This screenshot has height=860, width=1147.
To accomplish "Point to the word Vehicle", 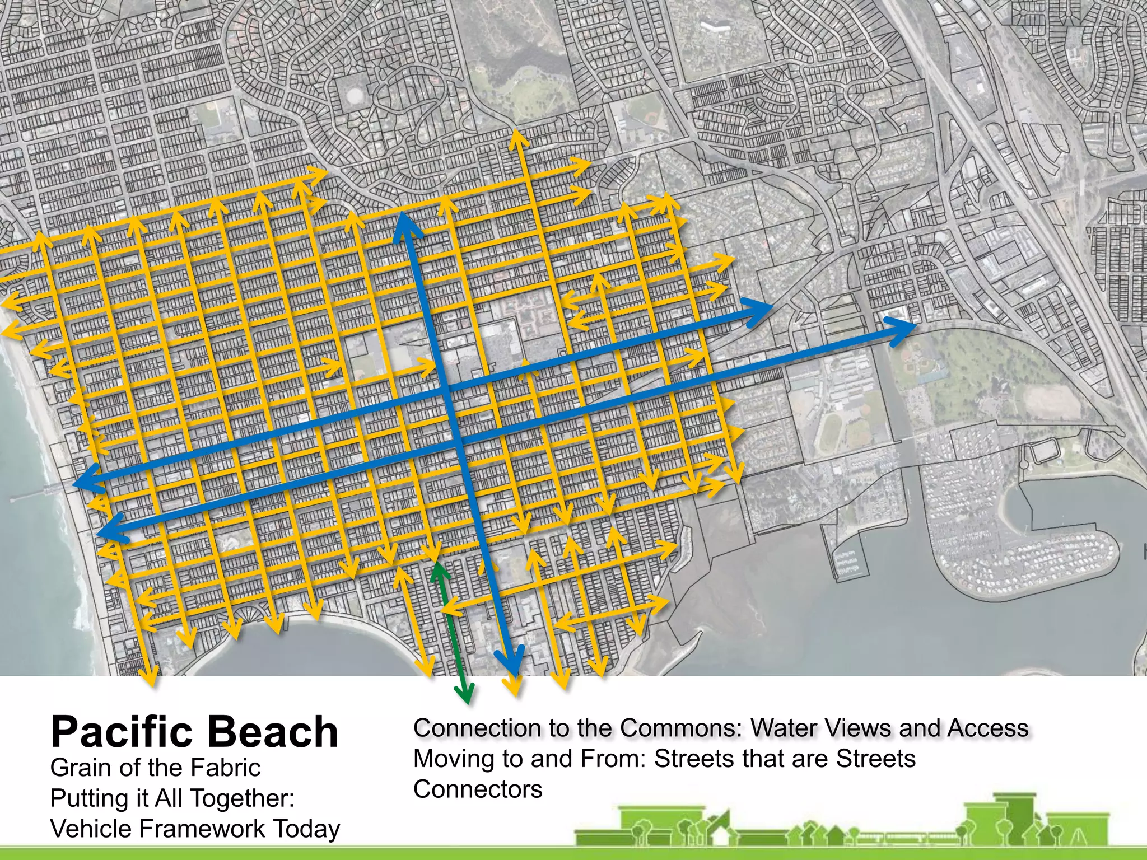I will (x=95, y=829).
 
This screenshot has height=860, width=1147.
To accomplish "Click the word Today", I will (x=306, y=830).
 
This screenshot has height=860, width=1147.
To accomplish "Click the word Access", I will (x=988, y=728).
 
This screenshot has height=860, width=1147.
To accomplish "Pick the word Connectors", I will (x=478, y=789).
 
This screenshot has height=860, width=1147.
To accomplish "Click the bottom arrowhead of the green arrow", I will (x=464, y=694).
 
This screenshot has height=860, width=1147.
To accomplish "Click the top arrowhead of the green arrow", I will (x=439, y=571).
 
